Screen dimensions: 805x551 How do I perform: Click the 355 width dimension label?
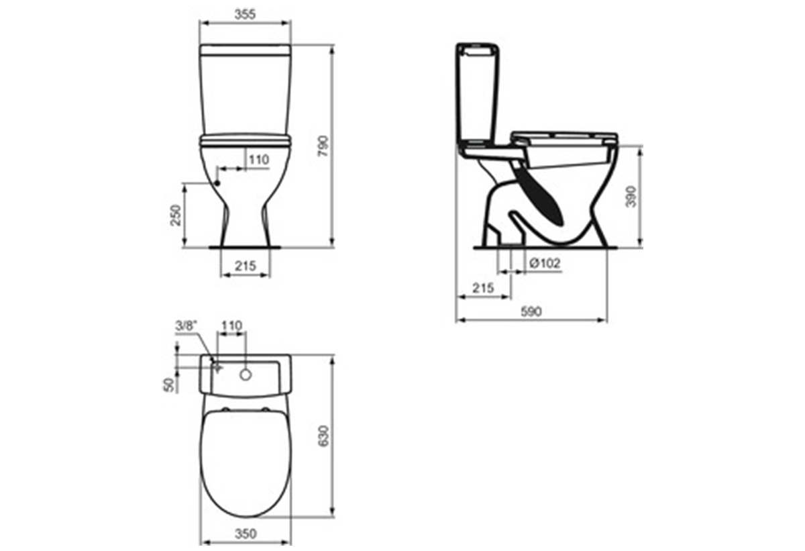(245, 14)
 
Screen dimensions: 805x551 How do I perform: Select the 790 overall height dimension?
(324, 146)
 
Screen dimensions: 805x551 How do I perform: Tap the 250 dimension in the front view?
(176, 215)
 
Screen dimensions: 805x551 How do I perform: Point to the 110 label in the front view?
(259, 160)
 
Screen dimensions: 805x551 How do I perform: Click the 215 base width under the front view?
(246, 266)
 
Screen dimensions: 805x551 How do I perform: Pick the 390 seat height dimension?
(631, 197)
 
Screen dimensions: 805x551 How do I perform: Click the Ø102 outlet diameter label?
(545, 264)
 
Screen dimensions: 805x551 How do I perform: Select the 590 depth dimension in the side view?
(531, 311)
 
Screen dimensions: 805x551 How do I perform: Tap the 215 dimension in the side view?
(483, 287)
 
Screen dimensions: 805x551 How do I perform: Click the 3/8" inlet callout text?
(186, 326)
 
